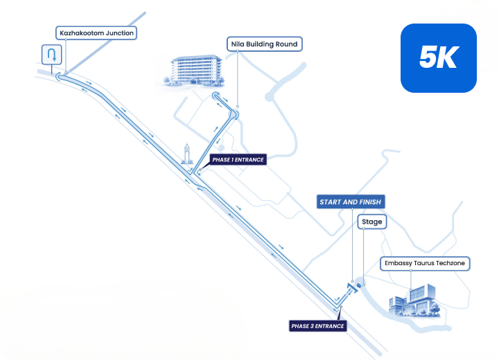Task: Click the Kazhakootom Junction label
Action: [96, 33]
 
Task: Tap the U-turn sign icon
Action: [51, 55]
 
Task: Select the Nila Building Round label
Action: [264, 44]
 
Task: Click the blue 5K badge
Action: [439, 58]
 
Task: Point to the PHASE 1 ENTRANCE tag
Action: [238, 160]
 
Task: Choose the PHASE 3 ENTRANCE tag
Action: [317, 326]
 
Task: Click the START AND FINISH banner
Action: [351, 201]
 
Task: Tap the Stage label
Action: [372, 222]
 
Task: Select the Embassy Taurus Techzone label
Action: [425, 263]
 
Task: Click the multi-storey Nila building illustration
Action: [195, 71]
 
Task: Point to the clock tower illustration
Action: [187, 154]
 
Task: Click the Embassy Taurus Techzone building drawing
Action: [414, 300]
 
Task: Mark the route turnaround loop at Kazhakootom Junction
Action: [58, 76]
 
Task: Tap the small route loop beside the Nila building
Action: [216, 96]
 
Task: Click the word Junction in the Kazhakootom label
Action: [120, 33]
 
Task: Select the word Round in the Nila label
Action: [286, 44]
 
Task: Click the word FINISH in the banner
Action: [370, 201]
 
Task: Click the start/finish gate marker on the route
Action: [351, 287]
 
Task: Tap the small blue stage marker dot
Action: [359, 285]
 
